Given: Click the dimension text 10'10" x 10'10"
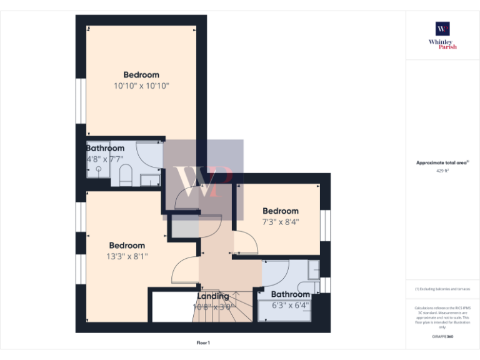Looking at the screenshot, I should point(141,86).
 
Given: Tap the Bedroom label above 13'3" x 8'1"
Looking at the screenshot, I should point(127,246).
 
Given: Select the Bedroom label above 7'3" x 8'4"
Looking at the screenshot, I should point(280,211).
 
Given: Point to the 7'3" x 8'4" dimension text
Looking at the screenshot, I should point(280,221).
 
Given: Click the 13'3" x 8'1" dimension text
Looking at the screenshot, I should point(127,256).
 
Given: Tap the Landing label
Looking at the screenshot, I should point(213,296).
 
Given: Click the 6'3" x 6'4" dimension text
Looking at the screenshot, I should point(291,306).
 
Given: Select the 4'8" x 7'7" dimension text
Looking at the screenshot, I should point(105,159).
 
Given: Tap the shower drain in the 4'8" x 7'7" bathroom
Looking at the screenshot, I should point(98,169).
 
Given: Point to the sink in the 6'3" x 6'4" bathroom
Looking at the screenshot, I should point(314,270).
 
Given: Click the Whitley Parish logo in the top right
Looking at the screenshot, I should point(442,34).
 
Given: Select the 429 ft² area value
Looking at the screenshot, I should point(442,169).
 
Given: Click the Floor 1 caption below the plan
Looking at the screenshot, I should point(203,342).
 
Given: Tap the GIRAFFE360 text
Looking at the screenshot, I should point(442,337).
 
